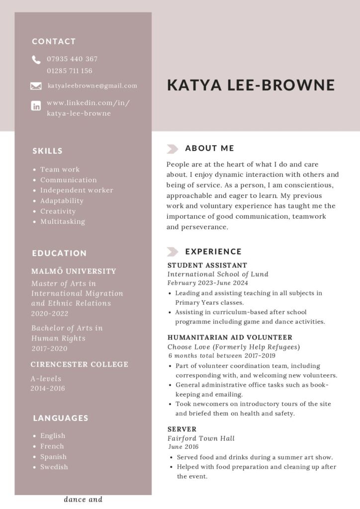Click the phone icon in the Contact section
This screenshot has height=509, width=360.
pos(36,60)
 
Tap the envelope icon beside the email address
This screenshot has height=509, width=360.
pos(36,86)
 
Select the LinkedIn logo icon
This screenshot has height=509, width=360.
pos(36,105)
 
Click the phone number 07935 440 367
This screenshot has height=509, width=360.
pos(72,59)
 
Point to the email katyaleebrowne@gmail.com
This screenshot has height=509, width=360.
pos(92,85)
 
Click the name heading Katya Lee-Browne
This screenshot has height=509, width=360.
pos(251,85)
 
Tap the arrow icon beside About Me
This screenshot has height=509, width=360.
pos(173,148)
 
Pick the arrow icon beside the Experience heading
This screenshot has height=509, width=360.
pos(173,252)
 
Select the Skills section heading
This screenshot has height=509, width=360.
pos(48,151)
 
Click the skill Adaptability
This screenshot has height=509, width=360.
pos(62,201)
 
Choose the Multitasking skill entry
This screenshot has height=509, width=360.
pos(63,222)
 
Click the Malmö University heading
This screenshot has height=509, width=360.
pos(74,271)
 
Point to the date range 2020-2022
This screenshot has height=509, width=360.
pos(50,314)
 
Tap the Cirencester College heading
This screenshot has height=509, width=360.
pos(80,364)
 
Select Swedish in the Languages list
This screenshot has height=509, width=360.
pos(54,467)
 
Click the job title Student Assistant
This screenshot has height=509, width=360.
pos(207,265)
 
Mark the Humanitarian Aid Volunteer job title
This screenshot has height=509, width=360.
pos(230,337)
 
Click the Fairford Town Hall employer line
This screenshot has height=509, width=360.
pos(201,438)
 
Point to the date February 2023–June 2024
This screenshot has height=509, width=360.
pos(207,283)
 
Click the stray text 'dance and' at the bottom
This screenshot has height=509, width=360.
pos(83,500)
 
